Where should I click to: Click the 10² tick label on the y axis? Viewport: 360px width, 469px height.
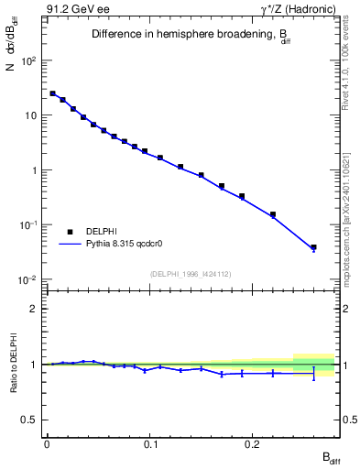29,60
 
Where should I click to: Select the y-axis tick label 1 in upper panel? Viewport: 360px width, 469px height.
35,170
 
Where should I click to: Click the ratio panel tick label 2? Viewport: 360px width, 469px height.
34,309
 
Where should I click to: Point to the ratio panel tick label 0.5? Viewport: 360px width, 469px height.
30,420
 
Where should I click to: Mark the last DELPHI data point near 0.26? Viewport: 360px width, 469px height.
313,247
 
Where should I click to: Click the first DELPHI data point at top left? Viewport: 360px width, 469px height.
52,93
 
